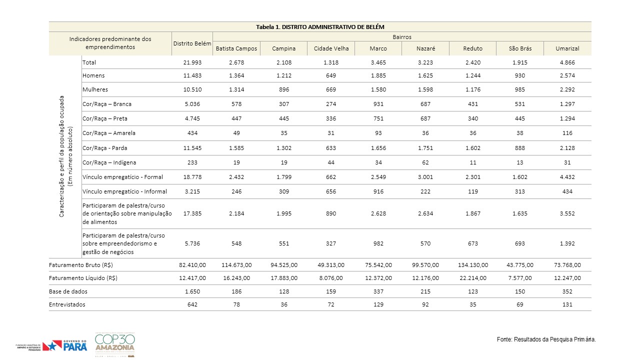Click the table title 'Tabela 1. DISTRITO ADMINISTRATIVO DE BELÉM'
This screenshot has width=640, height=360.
pos(320,27)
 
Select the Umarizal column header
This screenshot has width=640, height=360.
pos(567,48)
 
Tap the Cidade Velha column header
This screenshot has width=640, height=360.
pos(331,48)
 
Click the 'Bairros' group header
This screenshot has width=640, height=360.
pos(401,37)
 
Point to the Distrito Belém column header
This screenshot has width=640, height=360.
pos(192,43)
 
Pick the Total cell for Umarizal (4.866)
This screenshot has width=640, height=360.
pos(567,62)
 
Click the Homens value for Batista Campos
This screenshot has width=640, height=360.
pos(236,75)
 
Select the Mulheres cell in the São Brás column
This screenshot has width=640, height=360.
pos(519,89)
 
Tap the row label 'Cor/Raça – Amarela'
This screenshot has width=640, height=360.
pos(109,133)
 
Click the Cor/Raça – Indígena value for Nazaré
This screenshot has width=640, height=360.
pos(425,162)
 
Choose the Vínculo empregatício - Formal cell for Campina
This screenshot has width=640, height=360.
pos(284,177)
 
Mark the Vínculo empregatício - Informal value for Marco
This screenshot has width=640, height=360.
pos(378,191)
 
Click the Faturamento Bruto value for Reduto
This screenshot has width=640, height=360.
pos(473,265)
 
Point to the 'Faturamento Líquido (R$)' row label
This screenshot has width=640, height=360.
pos(83,278)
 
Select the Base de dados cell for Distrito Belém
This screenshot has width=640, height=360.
pos(192,291)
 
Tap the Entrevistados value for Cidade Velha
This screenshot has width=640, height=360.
pos(331,304)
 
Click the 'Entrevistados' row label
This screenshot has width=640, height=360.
pos(67,304)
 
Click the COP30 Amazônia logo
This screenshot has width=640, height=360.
pos(115,344)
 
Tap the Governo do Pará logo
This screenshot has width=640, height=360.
pos(64,345)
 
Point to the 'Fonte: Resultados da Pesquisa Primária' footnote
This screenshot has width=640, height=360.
pos(546,339)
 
